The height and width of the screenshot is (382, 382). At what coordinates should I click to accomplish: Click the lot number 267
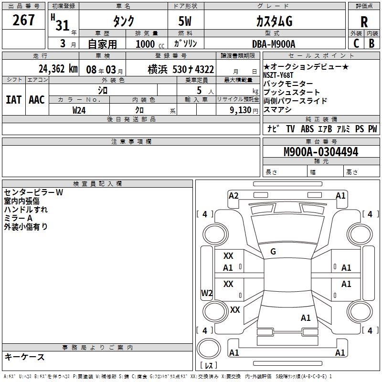[x=24, y=21]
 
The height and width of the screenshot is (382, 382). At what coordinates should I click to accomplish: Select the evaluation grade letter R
[x=364, y=22]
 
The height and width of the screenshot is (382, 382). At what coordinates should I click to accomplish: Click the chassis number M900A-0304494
[x=321, y=152]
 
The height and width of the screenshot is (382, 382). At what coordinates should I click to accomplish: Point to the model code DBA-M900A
[x=274, y=44]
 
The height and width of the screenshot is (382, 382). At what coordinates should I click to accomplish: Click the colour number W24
[x=79, y=110]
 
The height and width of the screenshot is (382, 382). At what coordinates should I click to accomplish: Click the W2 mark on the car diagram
[x=207, y=293]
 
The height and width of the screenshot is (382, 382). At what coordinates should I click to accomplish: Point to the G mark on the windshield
[x=273, y=252]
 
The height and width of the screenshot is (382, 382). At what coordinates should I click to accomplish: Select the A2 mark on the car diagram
[x=233, y=195]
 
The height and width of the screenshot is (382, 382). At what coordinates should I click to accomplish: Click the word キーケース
[x=24, y=357]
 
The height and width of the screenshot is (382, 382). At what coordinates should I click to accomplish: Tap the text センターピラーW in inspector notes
[x=33, y=192]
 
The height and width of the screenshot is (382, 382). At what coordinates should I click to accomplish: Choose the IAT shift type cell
[x=13, y=99]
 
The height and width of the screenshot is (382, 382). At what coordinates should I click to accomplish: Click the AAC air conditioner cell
[x=37, y=99]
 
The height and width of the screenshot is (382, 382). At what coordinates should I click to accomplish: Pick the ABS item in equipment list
[x=307, y=129]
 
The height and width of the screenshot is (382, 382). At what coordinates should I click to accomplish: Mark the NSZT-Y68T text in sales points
[x=278, y=75]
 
